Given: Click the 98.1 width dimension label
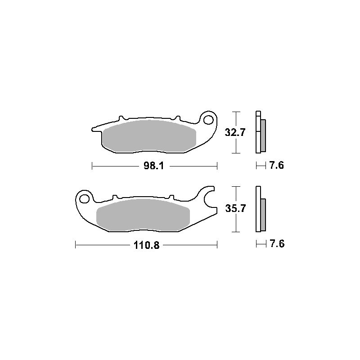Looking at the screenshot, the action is point(153,166).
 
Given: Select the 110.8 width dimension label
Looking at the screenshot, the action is point(147,245).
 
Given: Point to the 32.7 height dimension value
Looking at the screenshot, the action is point(235,132).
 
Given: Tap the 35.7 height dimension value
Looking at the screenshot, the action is point(235,208).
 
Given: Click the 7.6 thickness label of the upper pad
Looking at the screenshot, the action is point(276,165).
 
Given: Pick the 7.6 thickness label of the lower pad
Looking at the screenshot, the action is point(277,243).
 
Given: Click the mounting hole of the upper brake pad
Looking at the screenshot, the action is point(208,120).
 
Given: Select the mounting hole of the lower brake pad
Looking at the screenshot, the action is point(84,199).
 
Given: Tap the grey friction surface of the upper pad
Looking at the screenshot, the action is point(149,136).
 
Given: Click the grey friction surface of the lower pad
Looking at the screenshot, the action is point(143,215).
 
